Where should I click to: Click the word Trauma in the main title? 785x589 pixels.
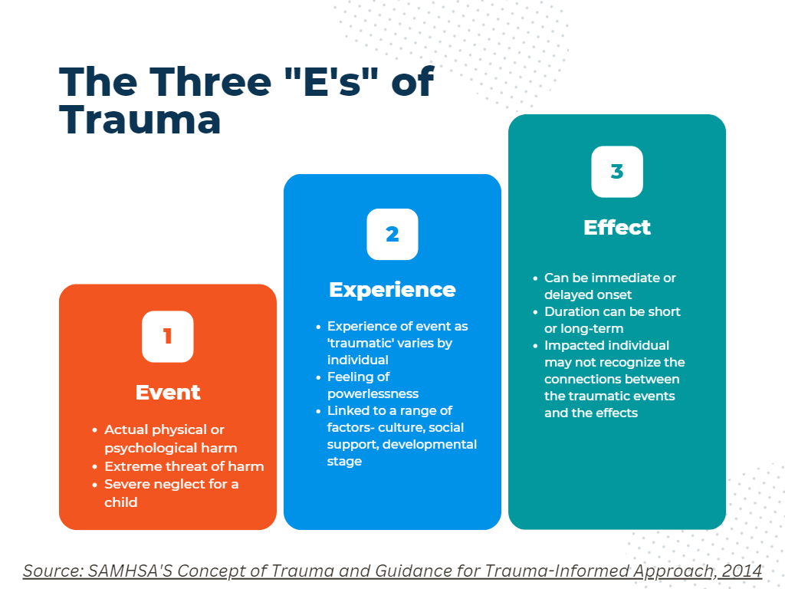click(x=140, y=120)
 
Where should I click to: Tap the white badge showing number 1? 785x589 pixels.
click(x=168, y=337)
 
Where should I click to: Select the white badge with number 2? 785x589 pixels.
click(x=392, y=235)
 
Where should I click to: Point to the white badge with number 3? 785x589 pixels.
click(x=617, y=172)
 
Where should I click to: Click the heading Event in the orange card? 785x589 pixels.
click(x=168, y=392)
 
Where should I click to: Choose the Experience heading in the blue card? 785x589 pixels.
click(x=392, y=290)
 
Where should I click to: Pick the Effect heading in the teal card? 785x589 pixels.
click(x=617, y=227)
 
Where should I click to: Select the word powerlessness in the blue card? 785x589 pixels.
click(x=373, y=393)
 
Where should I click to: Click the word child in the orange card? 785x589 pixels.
click(x=120, y=502)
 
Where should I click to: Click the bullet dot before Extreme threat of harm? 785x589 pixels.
click(x=94, y=467)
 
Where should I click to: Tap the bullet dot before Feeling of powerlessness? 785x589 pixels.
click(x=318, y=377)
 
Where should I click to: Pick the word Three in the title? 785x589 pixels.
click(x=211, y=81)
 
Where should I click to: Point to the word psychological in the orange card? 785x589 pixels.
click(x=145, y=449)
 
